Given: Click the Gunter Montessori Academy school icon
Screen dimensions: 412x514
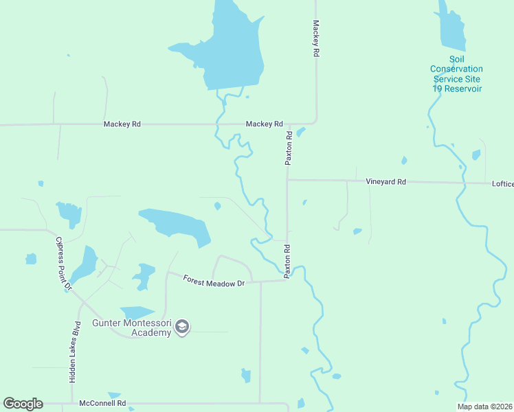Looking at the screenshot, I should pos(182,326).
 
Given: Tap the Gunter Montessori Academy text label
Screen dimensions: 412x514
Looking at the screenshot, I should pos(133,328).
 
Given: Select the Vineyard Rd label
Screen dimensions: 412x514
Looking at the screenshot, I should pos(385,182).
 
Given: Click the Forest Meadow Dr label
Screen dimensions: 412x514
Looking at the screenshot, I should pos(214,280).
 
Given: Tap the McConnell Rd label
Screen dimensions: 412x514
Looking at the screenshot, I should pos(102,403).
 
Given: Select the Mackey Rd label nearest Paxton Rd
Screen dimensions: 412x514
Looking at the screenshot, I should pos(265,124).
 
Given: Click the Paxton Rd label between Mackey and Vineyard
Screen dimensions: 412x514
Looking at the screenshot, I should pos(289,148).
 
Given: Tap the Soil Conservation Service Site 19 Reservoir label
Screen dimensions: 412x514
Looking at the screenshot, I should pos(456,74).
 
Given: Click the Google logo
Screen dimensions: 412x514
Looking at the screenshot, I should pos(23,404).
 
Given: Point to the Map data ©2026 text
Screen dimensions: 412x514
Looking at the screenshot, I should pos(484,407).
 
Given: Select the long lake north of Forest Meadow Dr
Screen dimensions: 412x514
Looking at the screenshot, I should pos(177,225).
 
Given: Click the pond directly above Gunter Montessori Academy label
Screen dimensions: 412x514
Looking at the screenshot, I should pos(137,313).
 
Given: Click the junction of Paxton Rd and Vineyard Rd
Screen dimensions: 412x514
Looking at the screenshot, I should pos(287,181).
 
